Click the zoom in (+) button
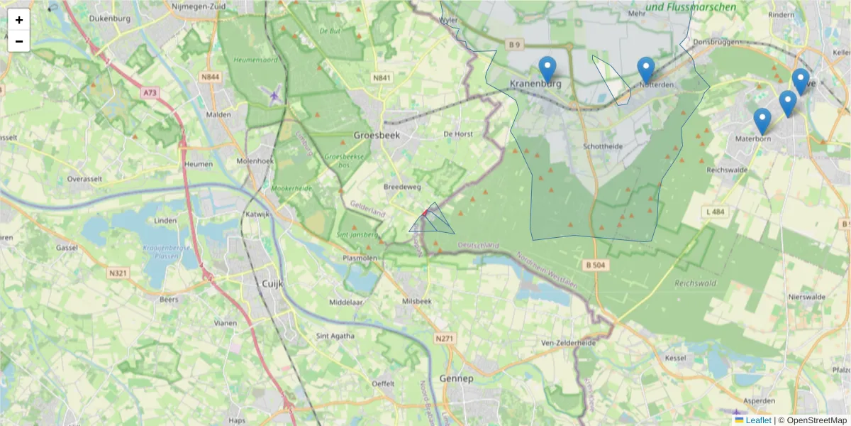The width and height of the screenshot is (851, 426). click(x=19, y=20)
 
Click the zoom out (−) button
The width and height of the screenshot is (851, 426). click(x=19, y=41)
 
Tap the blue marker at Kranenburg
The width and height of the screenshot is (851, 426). click(x=547, y=70)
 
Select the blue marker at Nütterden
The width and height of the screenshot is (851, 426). click(x=645, y=70)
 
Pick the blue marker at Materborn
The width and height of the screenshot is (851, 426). click(x=762, y=121)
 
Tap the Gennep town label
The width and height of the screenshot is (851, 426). click(x=456, y=378)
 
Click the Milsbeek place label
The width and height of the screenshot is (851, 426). click(x=416, y=301)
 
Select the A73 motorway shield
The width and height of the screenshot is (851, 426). click(x=149, y=92)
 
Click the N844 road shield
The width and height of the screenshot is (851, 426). click(x=210, y=77)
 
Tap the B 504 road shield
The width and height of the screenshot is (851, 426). click(x=596, y=265)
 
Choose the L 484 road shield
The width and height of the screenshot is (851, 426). click(x=717, y=212)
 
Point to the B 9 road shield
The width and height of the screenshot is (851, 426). click(x=515, y=45)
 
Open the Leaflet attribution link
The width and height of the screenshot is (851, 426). click(x=757, y=420)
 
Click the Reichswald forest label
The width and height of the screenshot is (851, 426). click(x=694, y=283)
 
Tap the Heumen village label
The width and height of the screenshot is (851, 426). click(x=198, y=164)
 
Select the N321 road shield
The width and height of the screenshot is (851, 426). click(x=118, y=272)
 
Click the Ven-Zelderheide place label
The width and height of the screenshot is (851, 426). click(x=567, y=342)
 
